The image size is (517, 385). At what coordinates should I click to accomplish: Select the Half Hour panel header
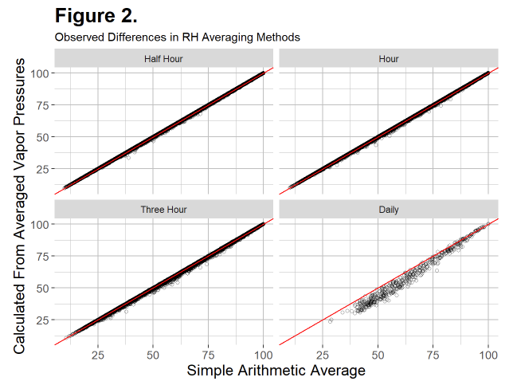pos(163,58)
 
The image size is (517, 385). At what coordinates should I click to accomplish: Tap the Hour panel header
pos(389,58)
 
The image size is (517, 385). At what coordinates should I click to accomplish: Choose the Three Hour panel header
pos(163,210)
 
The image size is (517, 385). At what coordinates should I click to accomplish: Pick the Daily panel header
pos(389,210)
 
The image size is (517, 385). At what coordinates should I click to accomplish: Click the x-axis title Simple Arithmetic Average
pos(276,371)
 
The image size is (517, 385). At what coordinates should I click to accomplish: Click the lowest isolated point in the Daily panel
pos(330,320)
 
